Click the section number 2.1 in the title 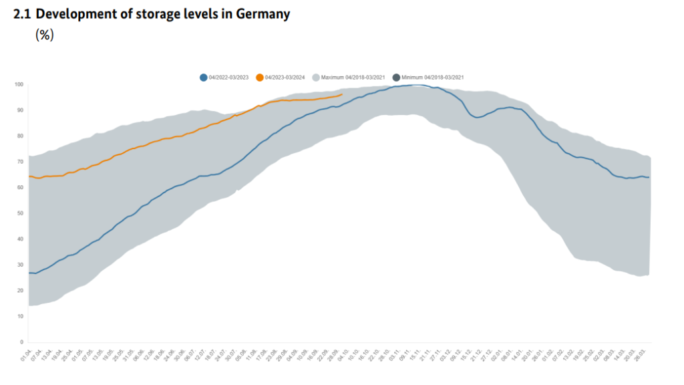[23, 14]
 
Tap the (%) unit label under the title [44, 35]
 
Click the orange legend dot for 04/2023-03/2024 [260, 78]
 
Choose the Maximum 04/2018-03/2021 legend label [353, 78]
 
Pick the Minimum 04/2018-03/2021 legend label [432, 78]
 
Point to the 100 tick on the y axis [19, 85]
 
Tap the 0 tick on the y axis [22, 342]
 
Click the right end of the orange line [342, 95]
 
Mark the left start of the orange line [29, 176]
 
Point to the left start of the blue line [29, 273]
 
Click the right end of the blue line [649, 177]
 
